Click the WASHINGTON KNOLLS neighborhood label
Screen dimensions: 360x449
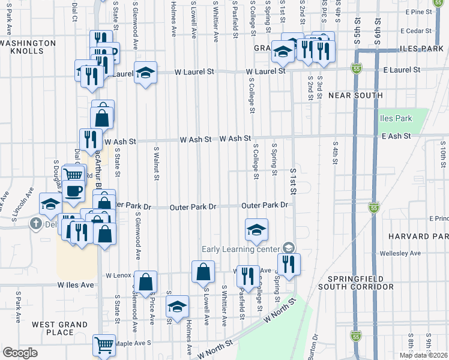pyautogui.click(x=28, y=47)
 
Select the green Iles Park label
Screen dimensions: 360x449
pyautogui.click(x=396, y=118)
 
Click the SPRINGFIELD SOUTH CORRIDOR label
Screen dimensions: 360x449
pyautogui.click(x=361, y=283)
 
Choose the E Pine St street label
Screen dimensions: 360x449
pyautogui.click(x=418, y=12)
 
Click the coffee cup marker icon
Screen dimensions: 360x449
pyautogui.click(x=74, y=191)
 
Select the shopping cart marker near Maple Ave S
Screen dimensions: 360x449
pyautogui.click(x=104, y=345)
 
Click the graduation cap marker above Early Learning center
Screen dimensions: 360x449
pyautogui.click(x=256, y=230)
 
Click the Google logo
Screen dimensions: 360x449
pyautogui.click(x=20, y=353)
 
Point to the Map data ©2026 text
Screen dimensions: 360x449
pyautogui.click(x=424, y=355)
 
